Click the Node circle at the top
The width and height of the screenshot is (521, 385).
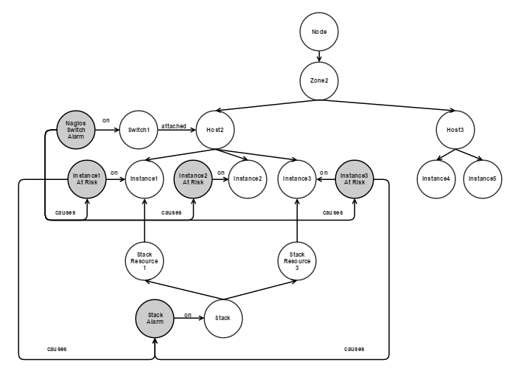tap(318, 34)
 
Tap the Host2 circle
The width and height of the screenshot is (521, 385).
tap(214, 130)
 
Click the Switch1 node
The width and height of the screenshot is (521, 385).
tap(138, 130)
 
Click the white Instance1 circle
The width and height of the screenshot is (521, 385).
tap(144, 178)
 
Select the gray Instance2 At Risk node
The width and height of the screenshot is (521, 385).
tap(192, 178)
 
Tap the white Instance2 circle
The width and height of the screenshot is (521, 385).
tap(247, 178)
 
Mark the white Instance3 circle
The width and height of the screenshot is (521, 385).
tap(296, 178)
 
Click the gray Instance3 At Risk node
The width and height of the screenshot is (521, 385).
tap(354, 178)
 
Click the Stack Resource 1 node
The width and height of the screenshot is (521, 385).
tap(144, 261)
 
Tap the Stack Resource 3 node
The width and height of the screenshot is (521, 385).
tap(297, 261)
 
